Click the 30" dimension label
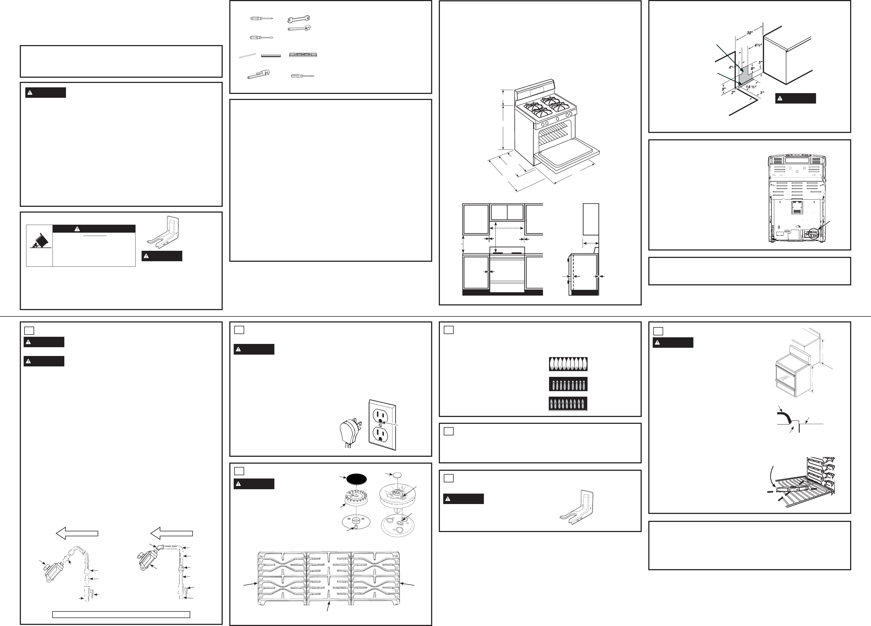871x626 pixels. click(x=750, y=33)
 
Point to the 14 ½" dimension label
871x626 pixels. click(x=751, y=87)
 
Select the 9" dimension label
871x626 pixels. click(x=724, y=89)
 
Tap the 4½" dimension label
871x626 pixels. click(x=758, y=45)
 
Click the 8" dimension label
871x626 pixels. click(x=753, y=69)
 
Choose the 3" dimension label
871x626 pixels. click(x=762, y=93)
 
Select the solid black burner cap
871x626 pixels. click(x=356, y=479)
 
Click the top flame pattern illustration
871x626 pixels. click(x=568, y=364)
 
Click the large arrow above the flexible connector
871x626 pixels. click(x=77, y=533)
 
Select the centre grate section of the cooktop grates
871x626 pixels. click(x=329, y=578)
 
